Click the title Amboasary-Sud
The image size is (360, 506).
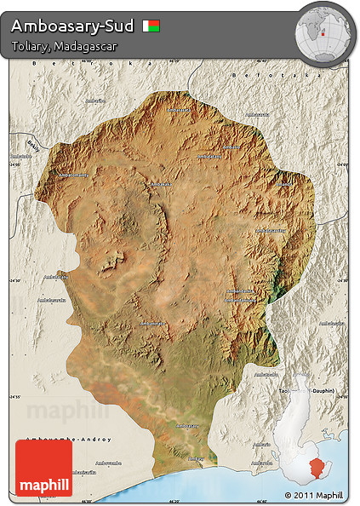pos(72,25)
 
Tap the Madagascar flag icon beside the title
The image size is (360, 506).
pos(151,26)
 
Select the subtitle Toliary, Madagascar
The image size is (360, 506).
pos(64,45)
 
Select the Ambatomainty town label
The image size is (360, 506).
pos(72,175)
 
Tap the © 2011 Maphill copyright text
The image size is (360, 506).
pos(314,495)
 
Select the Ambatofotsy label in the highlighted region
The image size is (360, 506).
pos(271,230)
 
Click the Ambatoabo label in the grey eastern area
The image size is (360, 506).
pos(331,324)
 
